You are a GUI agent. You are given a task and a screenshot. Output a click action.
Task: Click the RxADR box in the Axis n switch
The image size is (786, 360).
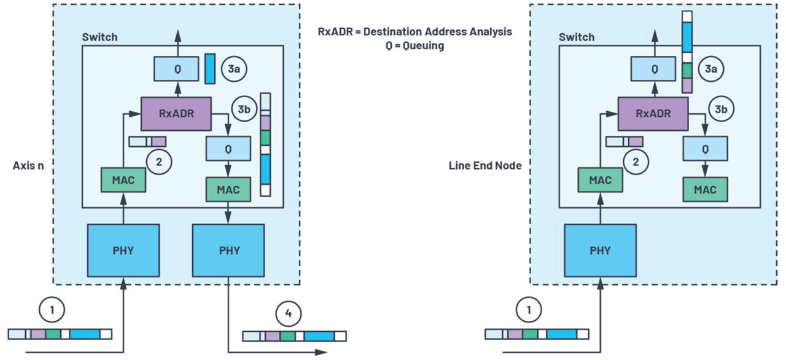click(x=176, y=114)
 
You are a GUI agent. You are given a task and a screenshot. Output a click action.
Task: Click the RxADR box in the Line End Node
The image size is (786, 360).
click(x=653, y=114)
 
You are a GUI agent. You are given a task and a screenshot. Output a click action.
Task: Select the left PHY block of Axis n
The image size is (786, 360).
click(x=123, y=251)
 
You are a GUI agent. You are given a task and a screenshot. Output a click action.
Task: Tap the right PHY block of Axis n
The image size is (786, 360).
click(x=228, y=251)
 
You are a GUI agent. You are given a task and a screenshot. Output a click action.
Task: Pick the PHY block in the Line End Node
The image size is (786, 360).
click(x=600, y=251)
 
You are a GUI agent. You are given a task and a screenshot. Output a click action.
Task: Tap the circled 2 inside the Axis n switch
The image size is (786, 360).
click(x=158, y=162)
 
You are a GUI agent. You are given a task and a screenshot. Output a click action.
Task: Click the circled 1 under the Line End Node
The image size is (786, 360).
click(x=527, y=311)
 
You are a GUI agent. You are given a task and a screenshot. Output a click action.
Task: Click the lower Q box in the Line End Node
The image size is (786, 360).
click(x=705, y=149)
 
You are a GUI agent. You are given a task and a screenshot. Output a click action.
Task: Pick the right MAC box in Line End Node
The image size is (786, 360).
click(x=705, y=189)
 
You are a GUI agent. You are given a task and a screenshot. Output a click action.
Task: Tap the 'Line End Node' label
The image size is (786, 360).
click(x=485, y=165)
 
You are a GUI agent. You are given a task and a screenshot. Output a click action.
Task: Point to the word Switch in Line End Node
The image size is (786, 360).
click(x=576, y=37)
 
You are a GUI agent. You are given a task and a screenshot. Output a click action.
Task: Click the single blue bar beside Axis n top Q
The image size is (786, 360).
click(x=210, y=69)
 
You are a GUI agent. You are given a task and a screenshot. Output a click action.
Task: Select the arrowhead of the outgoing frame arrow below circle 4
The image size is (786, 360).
click(x=321, y=352)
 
